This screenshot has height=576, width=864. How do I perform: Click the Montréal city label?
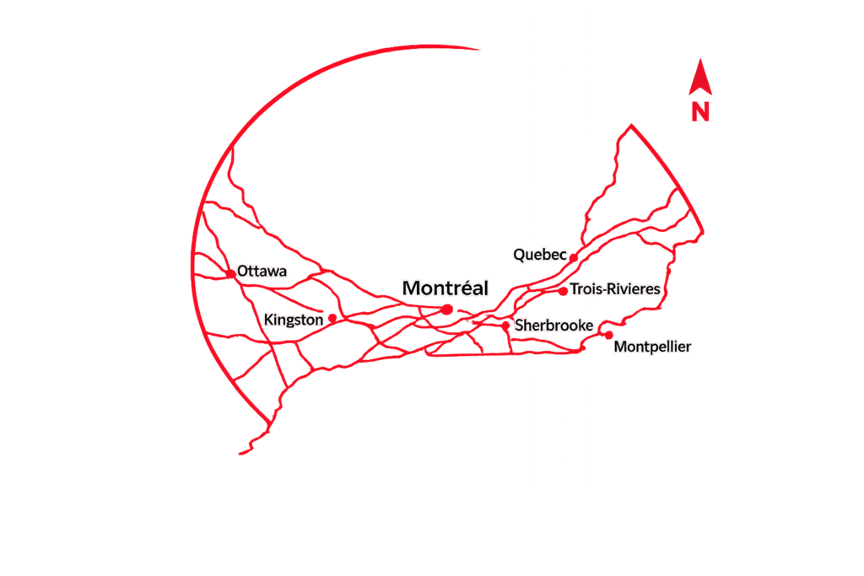click(445, 288)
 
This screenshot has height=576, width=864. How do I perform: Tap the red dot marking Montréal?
click(447, 310)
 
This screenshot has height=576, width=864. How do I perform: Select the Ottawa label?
click(262, 271)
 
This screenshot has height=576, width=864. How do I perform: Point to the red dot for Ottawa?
click(231, 274)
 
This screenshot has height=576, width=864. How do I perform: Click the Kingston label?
click(293, 320)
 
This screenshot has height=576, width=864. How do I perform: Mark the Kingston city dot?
click(332, 318)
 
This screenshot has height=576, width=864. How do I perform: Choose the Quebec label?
click(540, 255)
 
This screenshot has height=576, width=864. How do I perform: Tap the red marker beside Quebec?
click(574, 258)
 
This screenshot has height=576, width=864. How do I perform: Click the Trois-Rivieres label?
click(615, 288)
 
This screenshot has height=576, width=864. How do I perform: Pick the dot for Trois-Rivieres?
click(563, 291)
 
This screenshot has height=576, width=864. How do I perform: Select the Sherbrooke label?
click(553, 325)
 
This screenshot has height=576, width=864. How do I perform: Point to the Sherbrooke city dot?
click(505, 326)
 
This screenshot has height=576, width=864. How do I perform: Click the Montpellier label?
click(652, 347)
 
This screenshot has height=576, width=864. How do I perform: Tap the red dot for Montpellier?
click(609, 335)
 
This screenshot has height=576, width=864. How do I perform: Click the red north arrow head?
click(700, 77)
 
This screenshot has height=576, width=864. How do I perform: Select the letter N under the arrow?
click(700, 112)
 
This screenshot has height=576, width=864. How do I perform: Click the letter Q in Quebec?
click(520, 255)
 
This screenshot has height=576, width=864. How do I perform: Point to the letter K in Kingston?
click(268, 320)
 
